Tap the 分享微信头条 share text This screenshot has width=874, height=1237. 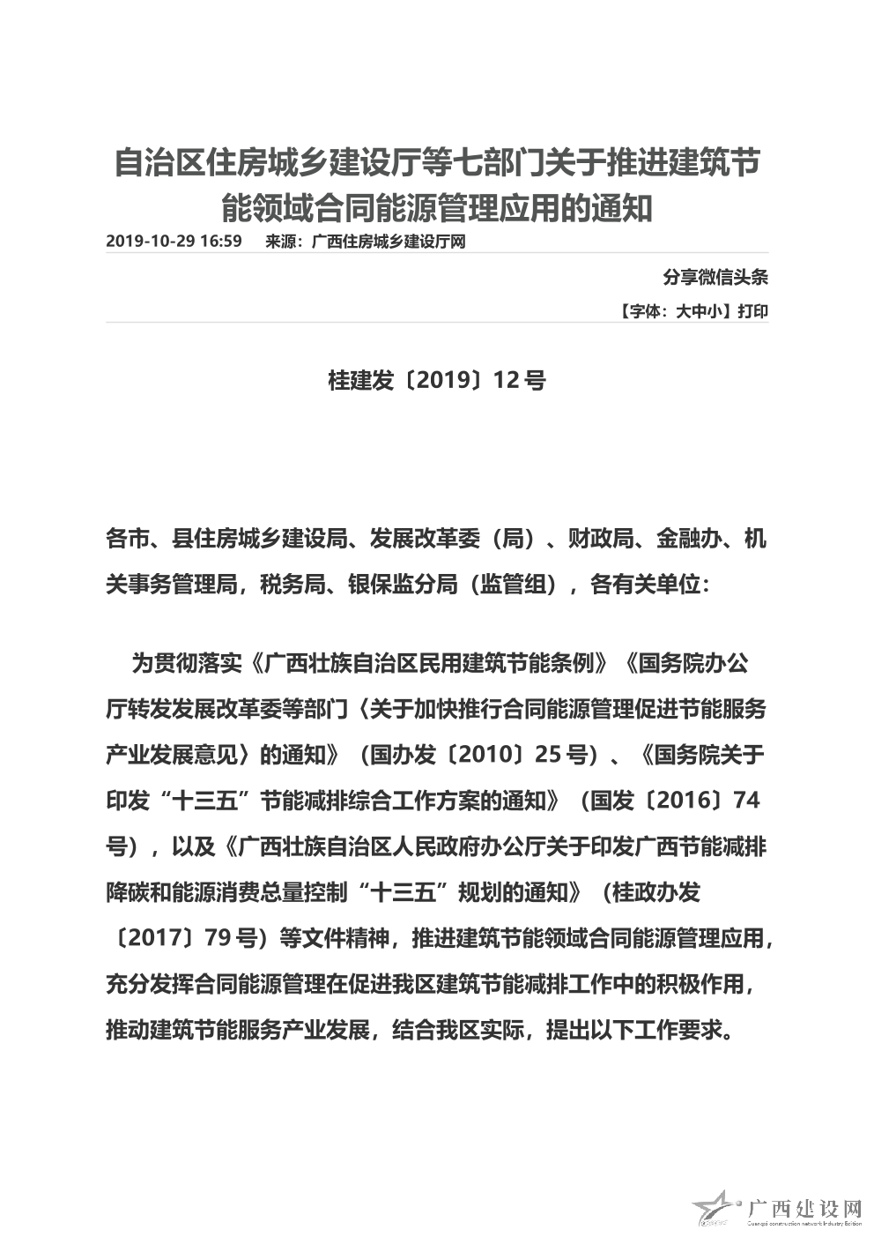pyautogui.click(x=715, y=277)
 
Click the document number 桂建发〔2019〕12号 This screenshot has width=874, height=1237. pyautogui.click(x=436, y=380)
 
